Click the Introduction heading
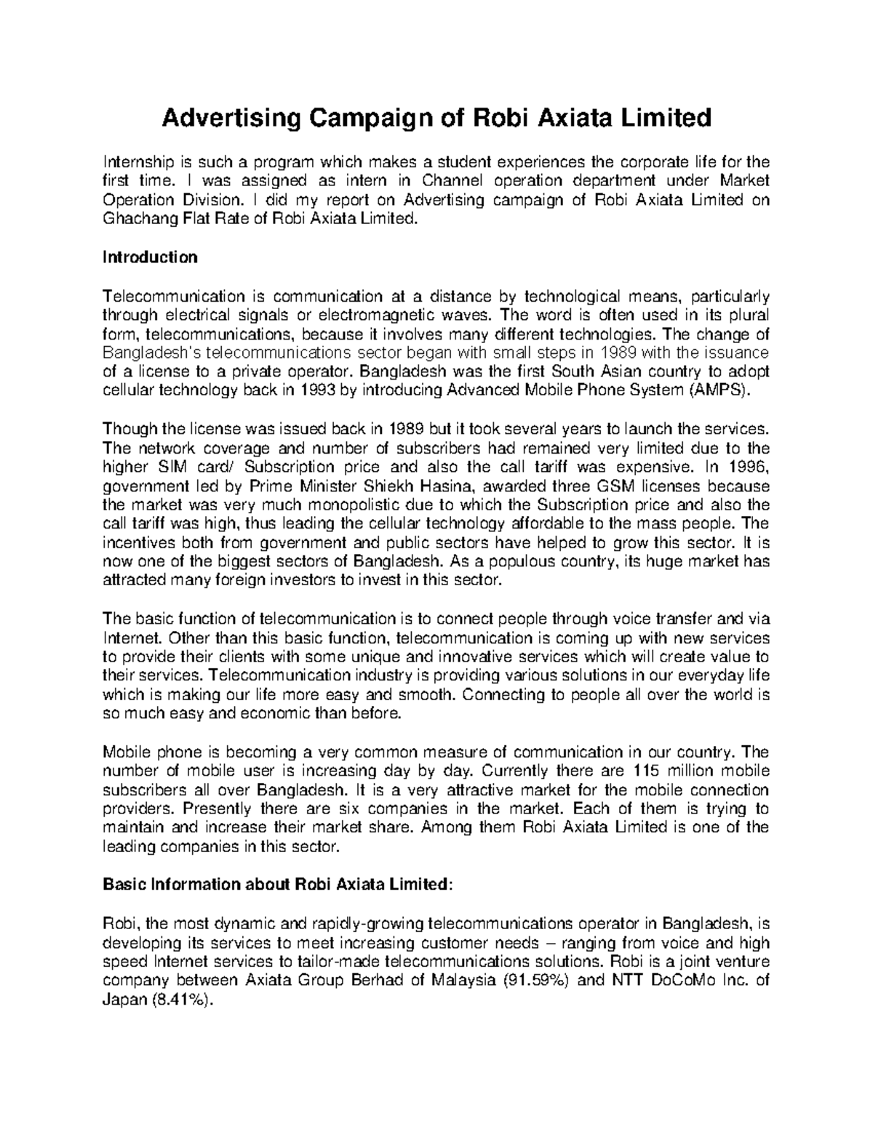click(x=150, y=257)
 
